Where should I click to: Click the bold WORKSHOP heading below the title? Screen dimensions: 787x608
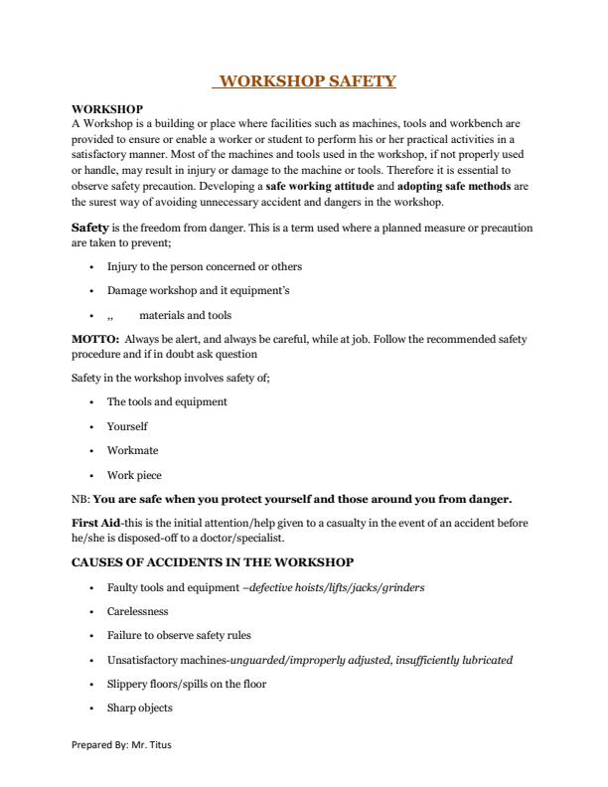107,108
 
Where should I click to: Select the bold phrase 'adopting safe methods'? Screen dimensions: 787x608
455,186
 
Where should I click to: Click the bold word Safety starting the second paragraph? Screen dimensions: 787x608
89,228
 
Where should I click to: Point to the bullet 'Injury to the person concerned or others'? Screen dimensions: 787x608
204,266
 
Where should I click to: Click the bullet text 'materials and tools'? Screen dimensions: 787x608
185,315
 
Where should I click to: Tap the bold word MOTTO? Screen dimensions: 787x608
95,339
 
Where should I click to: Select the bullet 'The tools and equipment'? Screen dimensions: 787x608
167,401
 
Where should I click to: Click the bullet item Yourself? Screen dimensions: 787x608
127,426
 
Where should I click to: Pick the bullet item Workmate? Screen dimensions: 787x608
130,450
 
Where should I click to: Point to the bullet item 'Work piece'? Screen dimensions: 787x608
134,475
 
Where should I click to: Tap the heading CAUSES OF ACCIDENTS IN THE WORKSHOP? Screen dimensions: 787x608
213,562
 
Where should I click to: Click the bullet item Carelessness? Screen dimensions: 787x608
137,611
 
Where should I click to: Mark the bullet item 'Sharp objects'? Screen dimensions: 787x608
139,708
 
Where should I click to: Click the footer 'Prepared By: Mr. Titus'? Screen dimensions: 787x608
121,745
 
